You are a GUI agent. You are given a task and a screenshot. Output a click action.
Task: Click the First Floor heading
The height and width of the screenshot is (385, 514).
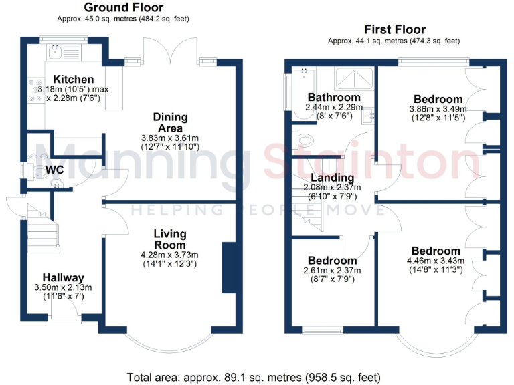click(x=394, y=29)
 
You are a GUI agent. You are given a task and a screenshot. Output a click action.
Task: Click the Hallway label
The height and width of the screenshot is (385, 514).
click(x=63, y=277)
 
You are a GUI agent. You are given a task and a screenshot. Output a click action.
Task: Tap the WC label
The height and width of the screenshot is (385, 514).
click(x=55, y=170)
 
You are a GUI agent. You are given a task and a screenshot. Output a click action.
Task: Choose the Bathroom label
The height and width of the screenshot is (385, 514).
click(x=333, y=98)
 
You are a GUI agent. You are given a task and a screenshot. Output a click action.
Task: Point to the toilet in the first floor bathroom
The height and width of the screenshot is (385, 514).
click(x=307, y=140)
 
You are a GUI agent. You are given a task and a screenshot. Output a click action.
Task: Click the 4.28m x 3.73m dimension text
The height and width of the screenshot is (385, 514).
click(x=169, y=254)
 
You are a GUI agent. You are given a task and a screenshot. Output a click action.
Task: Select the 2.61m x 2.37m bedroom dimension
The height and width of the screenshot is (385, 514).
click(x=333, y=271)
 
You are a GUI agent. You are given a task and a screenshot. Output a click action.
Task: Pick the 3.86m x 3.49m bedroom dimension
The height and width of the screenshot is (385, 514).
click(x=438, y=108)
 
